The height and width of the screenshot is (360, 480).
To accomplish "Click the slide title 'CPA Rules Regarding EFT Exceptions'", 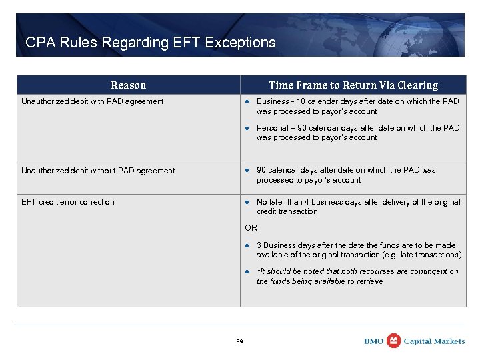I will pyautogui.click(x=150, y=43).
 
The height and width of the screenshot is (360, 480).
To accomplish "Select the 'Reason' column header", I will pyautogui.click(x=128, y=85).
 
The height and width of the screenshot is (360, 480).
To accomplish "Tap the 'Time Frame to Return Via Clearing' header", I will pyautogui.click(x=353, y=85).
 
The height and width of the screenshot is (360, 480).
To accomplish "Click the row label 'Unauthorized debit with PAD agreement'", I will pyautogui.click(x=92, y=101).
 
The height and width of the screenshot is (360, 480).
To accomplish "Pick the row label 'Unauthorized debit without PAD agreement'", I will pyautogui.click(x=98, y=171).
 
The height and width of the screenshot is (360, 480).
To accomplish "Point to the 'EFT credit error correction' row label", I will pyautogui.click(x=68, y=202).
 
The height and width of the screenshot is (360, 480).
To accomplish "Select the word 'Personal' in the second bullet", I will pyautogui.click(x=273, y=128).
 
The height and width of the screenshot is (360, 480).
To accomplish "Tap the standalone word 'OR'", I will pyautogui.click(x=251, y=228).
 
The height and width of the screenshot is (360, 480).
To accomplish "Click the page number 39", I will pyautogui.click(x=240, y=341).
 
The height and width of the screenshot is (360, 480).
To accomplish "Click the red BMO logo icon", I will pyautogui.click(x=394, y=341).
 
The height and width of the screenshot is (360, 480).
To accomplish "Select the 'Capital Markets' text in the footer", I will pyautogui.click(x=435, y=341).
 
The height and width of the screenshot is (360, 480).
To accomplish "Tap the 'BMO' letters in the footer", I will pyautogui.click(x=374, y=341).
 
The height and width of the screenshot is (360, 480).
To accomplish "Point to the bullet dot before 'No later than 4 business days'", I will pyautogui.click(x=247, y=202).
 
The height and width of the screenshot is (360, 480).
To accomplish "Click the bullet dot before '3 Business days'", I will pyautogui.click(x=247, y=245).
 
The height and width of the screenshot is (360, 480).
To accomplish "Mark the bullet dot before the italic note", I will pyautogui.click(x=247, y=272).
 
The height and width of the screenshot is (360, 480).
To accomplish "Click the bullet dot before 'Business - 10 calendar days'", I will pyautogui.click(x=247, y=101).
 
